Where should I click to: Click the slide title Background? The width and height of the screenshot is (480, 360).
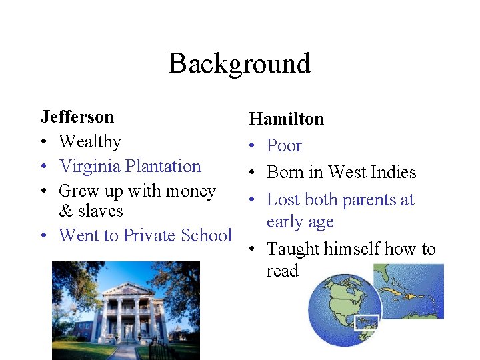[x=239, y=64]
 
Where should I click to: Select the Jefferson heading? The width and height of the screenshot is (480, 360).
[x=77, y=117]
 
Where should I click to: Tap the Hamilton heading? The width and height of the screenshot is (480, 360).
[x=286, y=119]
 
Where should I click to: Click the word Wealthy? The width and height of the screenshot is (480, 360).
[x=90, y=141]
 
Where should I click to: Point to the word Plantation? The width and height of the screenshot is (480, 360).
[x=163, y=166]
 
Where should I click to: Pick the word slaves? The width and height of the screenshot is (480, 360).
[x=101, y=211]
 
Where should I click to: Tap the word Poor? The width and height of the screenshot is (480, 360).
[x=284, y=145]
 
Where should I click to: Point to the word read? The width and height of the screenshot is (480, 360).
[x=282, y=271]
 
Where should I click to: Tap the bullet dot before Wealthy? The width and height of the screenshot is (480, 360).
[x=44, y=142]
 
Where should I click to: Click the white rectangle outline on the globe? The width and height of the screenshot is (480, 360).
[x=366, y=322]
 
